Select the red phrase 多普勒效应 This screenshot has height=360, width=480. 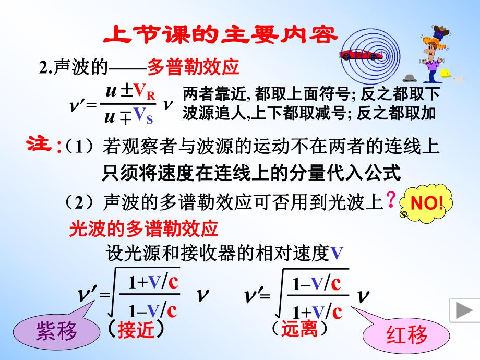click(x=193, y=67)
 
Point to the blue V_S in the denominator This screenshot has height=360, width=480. click(x=143, y=116)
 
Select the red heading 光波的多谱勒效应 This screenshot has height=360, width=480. click(x=143, y=229)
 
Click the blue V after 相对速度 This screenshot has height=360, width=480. click(x=337, y=254)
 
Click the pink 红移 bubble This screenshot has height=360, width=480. click(x=406, y=334)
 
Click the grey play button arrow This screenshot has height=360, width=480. click(x=462, y=311)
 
